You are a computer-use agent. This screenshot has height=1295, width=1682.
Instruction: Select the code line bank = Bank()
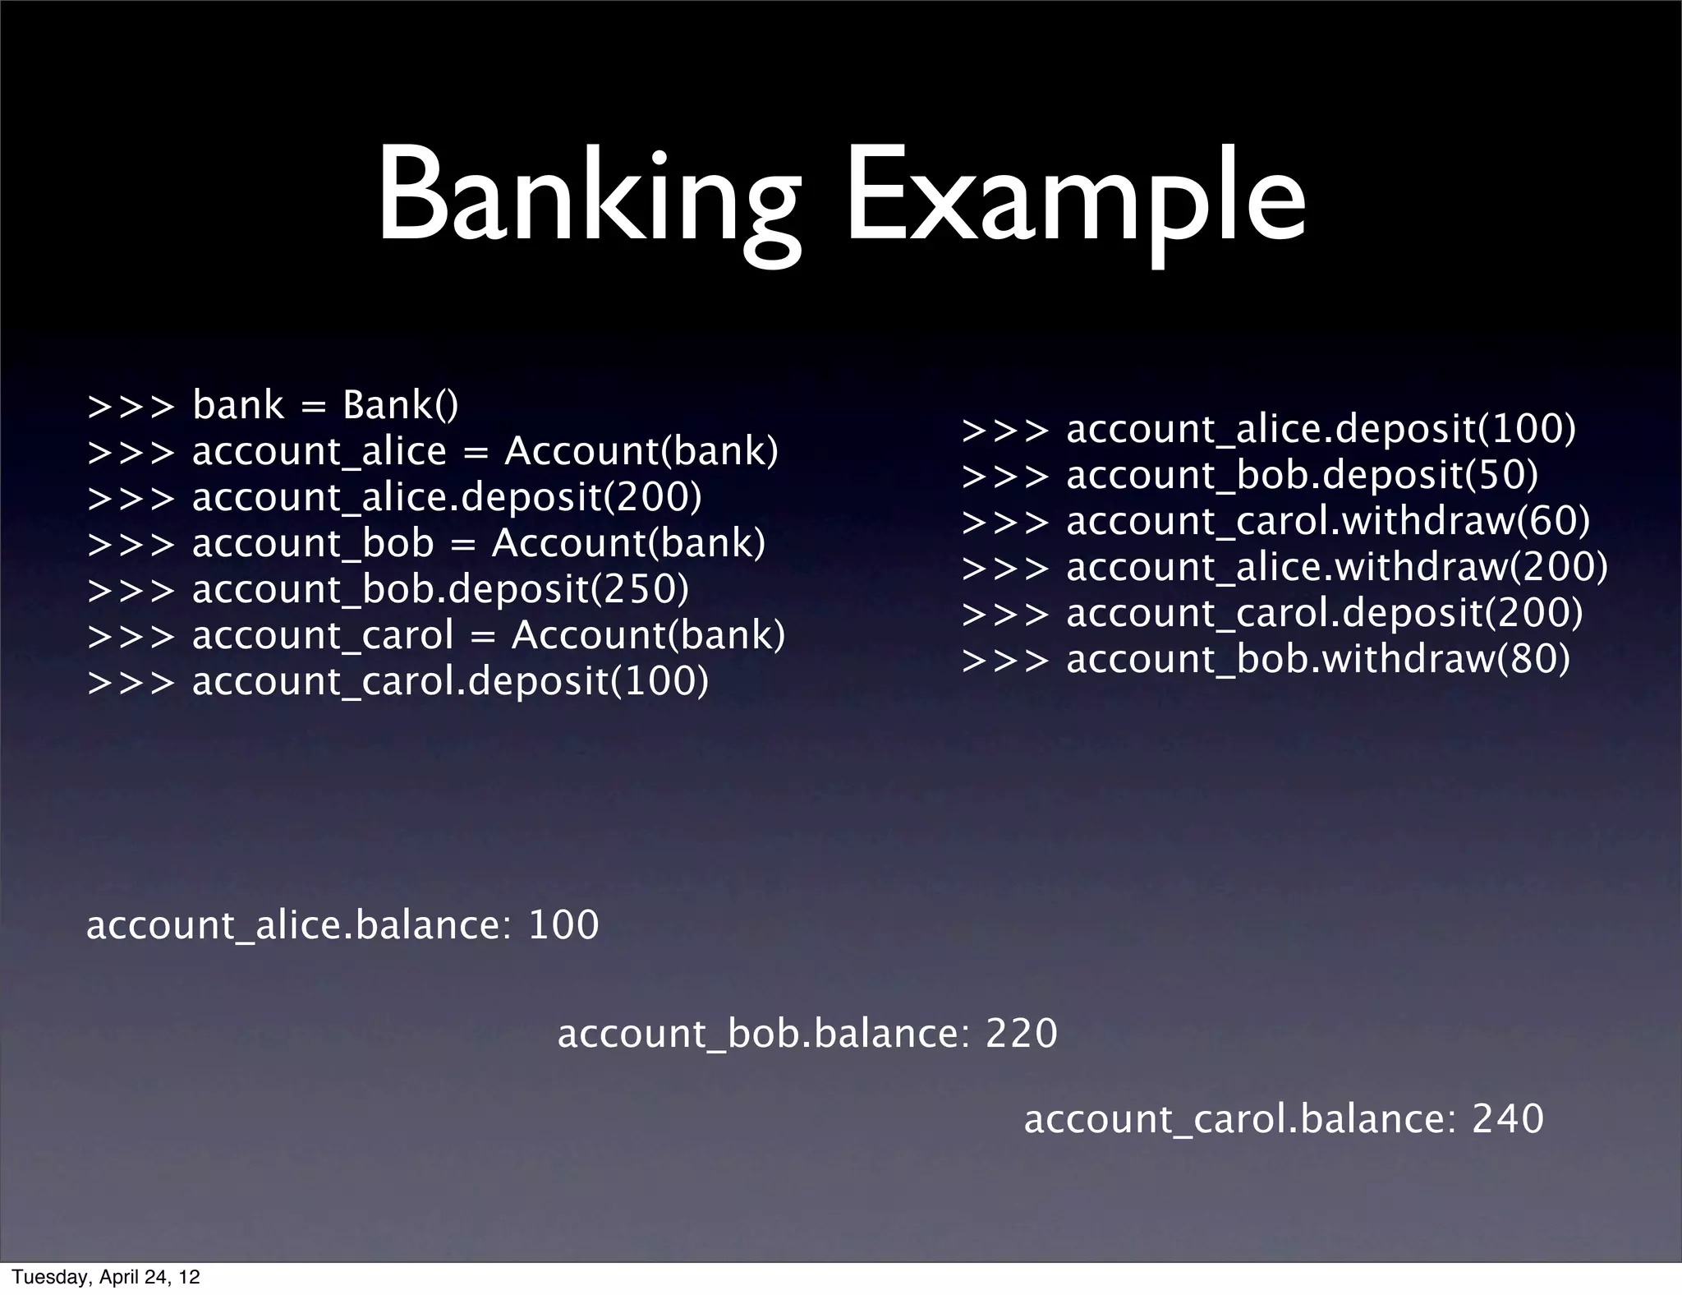pyautogui.click(x=325, y=405)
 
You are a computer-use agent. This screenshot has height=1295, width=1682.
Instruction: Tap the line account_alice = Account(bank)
pyautogui.click(x=485, y=451)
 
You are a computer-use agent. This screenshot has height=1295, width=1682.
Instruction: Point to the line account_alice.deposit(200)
pyautogui.click(x=447, y=497)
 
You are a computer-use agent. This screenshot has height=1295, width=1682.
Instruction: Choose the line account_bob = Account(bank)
pyautogui.click(x=478, y=543)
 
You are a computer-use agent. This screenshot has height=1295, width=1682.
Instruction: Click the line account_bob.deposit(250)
pyautogui.click(x=440, y=589)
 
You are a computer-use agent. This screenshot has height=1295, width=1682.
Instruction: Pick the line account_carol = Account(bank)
pyautogui.click(x=488, y=635)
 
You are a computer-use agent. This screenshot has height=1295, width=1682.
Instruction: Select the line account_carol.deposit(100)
pyautogui.click(x=450, y=681)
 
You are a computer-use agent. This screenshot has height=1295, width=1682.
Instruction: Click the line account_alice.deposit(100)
pyautogui.click(x=1321, y=429)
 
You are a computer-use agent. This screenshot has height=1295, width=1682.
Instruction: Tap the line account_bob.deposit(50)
pyautogui.click(x=1302, y=475)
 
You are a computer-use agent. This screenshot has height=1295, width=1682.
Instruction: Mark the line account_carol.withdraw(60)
pyautogui.click(x=1328, y=521)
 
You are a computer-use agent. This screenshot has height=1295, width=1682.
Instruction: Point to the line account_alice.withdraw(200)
pyautogui.click(x=1337, y=567)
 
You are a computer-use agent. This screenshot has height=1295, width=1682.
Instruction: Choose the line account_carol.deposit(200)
pyautogui.click(x=1324, y=613)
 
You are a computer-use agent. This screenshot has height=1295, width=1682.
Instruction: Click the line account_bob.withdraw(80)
pyautogui.click(x=1318, y=659)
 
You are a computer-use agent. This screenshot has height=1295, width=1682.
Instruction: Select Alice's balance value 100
pyautogui.click(x=563, y=925)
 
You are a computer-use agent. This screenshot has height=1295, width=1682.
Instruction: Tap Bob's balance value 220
pyautogui.click(x=1022, y=1033)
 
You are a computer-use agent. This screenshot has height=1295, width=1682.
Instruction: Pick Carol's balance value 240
pyautogui.click(x=1508, y=1119)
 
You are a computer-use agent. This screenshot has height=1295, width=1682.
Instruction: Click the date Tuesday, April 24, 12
pyautogui.click(x=106, y=1277)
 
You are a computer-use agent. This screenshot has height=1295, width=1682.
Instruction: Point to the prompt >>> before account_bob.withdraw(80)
pyautogui.click(x=1005, y=660)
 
